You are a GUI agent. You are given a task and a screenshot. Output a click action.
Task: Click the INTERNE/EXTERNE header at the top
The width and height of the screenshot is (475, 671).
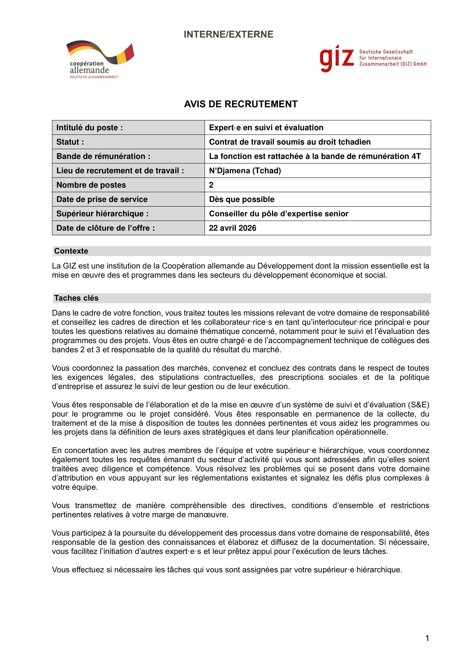pos(228,34)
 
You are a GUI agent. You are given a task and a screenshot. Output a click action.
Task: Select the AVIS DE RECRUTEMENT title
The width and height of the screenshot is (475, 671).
pos(240,104)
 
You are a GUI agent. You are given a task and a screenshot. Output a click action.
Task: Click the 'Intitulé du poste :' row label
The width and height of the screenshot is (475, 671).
pos(90,128)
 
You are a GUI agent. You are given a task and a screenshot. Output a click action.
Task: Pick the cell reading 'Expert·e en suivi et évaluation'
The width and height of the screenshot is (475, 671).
pos(266,128)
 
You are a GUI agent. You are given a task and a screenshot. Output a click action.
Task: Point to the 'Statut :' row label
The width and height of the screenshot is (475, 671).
pos(70,142)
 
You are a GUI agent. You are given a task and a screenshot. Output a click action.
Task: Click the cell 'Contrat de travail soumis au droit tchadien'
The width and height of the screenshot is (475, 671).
pos(289,142)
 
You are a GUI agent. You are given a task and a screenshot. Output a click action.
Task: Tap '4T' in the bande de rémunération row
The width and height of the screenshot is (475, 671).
pos(416,156)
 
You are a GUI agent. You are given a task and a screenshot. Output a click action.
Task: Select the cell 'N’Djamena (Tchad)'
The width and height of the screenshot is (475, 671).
pos(245,171)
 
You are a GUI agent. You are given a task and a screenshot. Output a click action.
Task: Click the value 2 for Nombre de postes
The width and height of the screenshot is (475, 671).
pos(211,185)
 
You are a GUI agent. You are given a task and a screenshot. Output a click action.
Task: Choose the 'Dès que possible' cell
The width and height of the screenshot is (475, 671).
pos(242,199)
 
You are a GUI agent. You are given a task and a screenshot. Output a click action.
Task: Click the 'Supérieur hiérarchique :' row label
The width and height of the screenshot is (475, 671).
pos(102,214)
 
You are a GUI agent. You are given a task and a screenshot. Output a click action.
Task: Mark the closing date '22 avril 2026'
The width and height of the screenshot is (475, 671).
pos(233,228)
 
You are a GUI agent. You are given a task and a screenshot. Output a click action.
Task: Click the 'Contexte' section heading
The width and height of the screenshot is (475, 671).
pos(71,251)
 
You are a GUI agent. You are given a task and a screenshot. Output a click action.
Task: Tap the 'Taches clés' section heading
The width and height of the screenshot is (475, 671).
pos(76,298)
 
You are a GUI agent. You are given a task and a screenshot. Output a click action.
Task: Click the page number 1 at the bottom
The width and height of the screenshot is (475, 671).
pos(427,638)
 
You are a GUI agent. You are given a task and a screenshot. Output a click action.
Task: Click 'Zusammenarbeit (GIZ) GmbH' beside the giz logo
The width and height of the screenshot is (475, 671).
pos(393,64)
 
